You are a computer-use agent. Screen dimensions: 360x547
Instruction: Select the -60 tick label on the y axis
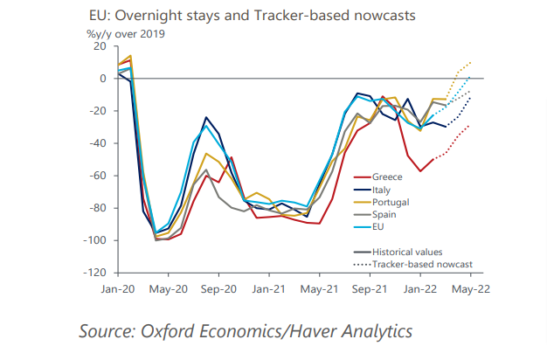pyautogui.click(x=96, y=176)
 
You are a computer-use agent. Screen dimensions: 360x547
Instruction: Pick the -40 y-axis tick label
pyautogui.click(x=96, y=143)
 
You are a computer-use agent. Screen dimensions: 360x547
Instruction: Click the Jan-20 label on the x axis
pyautogui.click(x=117, y=287)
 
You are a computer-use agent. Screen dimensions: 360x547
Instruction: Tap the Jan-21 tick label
pyautogui.click(x=268, y=287)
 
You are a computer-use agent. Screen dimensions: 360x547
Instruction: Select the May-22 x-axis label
pyautogui.click(x=468, y=287)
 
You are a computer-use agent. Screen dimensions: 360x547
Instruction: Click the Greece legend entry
pyautogui.click(x=385, y=177)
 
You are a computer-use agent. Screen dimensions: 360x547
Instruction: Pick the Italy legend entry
pyautogui.click(x=382, y=189)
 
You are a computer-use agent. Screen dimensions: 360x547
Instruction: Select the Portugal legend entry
pyautogui.click(x=390, y=202)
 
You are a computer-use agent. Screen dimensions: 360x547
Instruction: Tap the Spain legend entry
pyautogui.click(x=384, y=214)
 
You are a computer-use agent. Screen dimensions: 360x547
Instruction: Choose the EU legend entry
pyautogui.click(x=378, y=226)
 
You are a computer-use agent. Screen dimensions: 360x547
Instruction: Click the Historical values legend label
pyautogui.click(x=407, y=251)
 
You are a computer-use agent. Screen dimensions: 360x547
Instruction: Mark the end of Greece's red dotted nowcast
pyautogui.click(x=470, y=126)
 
